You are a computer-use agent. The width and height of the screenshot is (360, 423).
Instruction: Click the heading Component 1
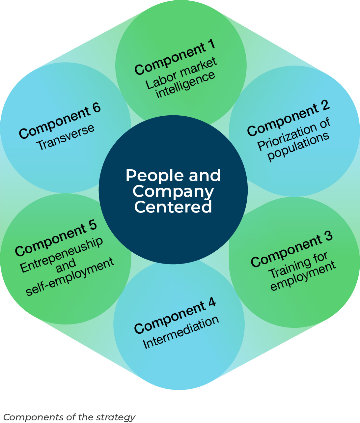click(x=175, y=58)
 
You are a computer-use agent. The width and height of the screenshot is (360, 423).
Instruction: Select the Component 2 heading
click(x=289, y=119)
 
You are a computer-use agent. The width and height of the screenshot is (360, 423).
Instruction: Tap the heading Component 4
click(x=175, y=316)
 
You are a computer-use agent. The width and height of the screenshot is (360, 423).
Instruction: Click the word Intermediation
click(x=181, y=333)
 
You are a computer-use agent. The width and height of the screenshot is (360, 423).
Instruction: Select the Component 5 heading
click(x=56, y=239)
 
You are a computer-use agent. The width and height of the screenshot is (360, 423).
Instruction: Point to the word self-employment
click(x=70, y=277)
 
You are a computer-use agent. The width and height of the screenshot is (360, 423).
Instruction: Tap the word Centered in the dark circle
click(x=173, y=207)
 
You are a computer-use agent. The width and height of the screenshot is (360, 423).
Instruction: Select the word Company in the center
click(x=173, y=191)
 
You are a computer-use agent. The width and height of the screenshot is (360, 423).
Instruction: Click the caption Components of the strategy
click(x=69, y=417)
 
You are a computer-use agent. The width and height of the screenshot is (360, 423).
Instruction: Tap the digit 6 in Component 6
click(x=96, y=108)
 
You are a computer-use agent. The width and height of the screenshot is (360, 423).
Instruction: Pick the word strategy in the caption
click(x=116, y=417)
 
